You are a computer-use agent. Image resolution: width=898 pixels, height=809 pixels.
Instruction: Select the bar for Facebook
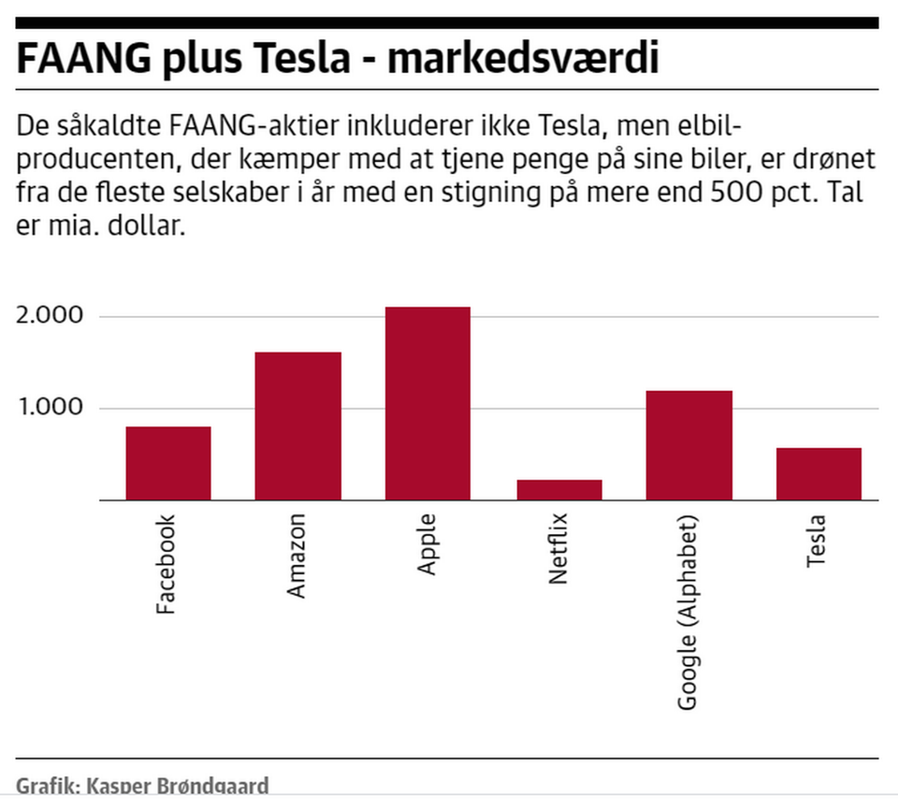[168, 464]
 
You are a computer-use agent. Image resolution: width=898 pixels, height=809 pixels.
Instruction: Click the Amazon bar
[297, 426]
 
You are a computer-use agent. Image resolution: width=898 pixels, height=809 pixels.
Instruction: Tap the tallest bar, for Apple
[427, 404]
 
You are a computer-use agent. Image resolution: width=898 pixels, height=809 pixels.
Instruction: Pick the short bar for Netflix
[558, 490]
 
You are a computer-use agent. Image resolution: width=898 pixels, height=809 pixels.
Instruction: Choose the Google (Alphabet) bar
[688, 446]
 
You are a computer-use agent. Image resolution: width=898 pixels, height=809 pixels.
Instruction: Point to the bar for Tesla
[818, 474]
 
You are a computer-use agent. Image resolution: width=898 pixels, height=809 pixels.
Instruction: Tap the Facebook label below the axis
[167, 565]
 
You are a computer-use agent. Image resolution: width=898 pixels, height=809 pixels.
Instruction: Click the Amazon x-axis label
[297, 557]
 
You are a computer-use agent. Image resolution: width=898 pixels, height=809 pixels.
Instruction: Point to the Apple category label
[427, 546]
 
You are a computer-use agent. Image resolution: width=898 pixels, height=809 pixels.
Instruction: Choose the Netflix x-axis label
[558, 550]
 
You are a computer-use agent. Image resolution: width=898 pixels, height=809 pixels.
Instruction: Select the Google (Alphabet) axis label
[688, 613]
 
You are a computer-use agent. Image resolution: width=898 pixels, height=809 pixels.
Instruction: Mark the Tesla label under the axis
[818, 541]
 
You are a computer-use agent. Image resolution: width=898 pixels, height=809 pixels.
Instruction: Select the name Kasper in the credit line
[122, 786]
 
